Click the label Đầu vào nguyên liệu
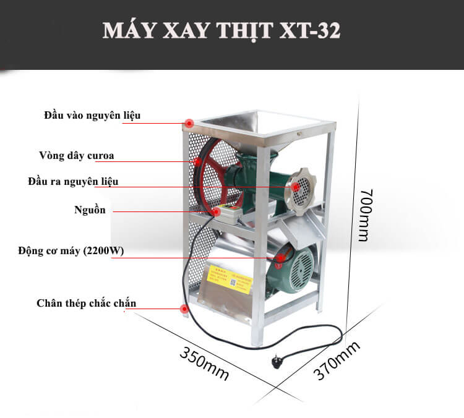tap(93, 116)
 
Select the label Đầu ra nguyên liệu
tap(73, 182)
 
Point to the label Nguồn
tap(89, 210)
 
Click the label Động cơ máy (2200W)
tap(71, 251)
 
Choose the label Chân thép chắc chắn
tap(86, 303)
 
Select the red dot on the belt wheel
tap(197, 162)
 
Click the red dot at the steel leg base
tap(184, 309)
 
